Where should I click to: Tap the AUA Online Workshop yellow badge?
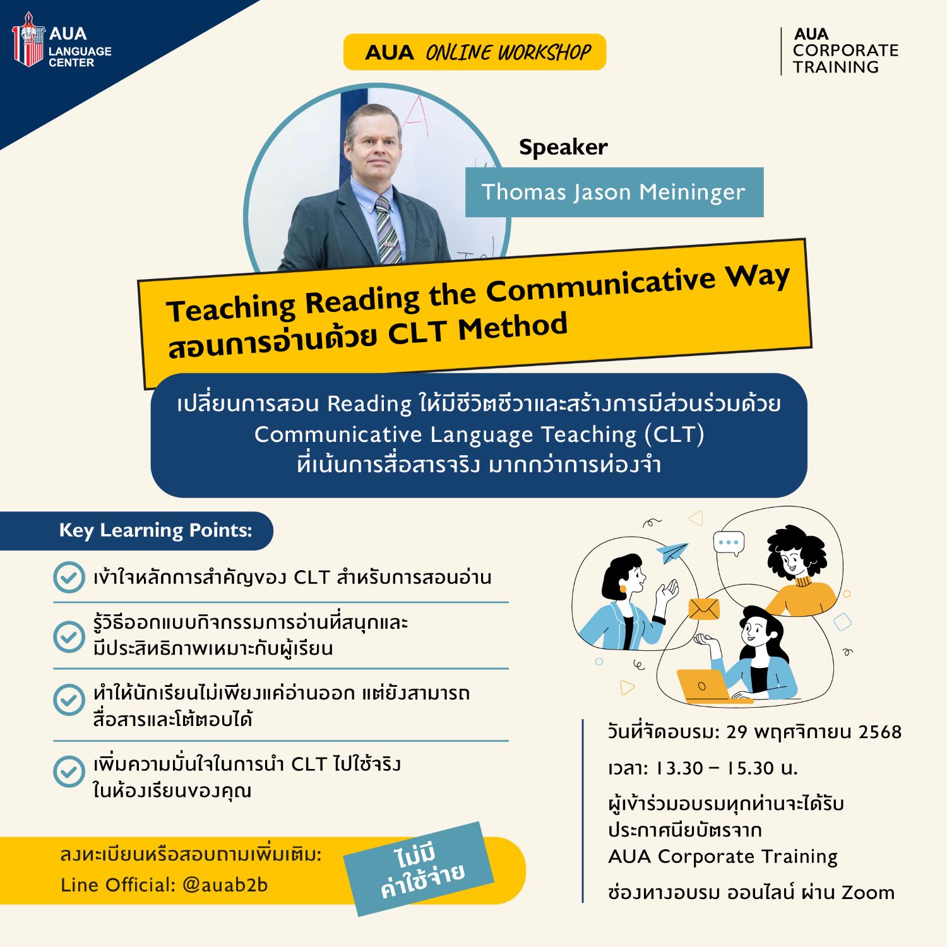point(475,52)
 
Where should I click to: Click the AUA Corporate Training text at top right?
point(845,51)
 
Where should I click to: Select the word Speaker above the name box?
point(563,147)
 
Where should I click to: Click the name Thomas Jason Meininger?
point(614,192)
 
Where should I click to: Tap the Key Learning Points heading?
point(155,530)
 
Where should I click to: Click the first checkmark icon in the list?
point(69,577)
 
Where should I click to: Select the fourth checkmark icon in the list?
point(69,771)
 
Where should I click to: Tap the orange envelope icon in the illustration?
point(703,609)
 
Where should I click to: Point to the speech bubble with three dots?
point(729,543)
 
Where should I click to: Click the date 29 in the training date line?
point(737,732)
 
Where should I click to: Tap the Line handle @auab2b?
point(225,885)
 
